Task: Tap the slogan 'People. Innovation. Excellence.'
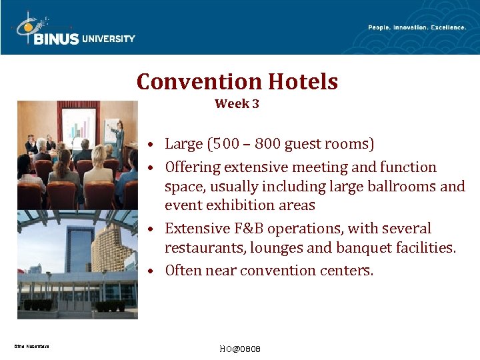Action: pyautogui.click(x=417, y=27)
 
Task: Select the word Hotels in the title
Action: pyautogui.click(x=303, y=82)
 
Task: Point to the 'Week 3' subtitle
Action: pyautogui.click(x=237, y=104)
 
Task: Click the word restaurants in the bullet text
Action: pyautogui.click(x=206, y=248)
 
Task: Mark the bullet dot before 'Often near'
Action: pyautogui.click(x=152, y=271)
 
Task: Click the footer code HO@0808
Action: pyautogui.click(x=239, y=349)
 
